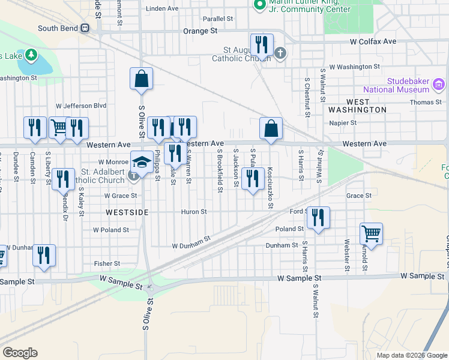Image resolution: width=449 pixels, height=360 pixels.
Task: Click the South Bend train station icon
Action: pyautogui.click(x=85, y=28)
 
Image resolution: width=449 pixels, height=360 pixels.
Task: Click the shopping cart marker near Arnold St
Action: pyautogui.click(x=371, y=234)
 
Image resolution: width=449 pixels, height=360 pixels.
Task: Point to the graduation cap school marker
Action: pyautogui.click(x=142, y=162)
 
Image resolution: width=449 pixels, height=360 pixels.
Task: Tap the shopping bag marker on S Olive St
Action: pyautogui.click(x=141, y=79)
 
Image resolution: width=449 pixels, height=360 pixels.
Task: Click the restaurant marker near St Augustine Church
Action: pyautogui.click(x=262, y=45)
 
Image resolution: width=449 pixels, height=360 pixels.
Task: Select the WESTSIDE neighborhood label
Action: pyautogui.click(x=127, y=212)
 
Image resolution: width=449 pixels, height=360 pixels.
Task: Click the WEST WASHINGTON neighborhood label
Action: pyautogui.click(x=357, y=110)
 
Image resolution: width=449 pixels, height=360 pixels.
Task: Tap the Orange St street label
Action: pyautogui.click(x=200, y=31)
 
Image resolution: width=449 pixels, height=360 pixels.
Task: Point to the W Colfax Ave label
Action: pyautogui.click(x=373, y=41)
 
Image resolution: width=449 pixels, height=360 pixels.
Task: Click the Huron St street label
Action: pyautogui.click(x=194, y=212)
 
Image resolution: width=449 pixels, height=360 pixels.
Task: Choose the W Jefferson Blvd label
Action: pyautogui.click(x=81, y=106)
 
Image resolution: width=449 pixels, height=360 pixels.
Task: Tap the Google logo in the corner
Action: pyautogui.click(x=20, y=353)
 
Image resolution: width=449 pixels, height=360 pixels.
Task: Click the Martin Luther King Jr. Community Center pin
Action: pyautogui.click(x=259, y=4)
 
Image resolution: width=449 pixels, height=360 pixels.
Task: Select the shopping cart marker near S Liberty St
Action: pyautogui.click(x=59, y=128)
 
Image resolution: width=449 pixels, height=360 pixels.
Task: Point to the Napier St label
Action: pyautogui.click(x=343, y=123)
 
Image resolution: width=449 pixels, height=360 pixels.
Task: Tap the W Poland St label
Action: pyautogui.click(x=111, y=230)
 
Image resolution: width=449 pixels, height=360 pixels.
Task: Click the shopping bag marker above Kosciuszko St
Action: pyautogui.click(x=271, y=128)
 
